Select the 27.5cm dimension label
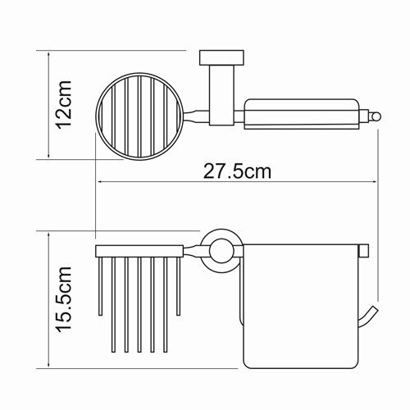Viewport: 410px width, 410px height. pyautogui.click(x=237, y=171)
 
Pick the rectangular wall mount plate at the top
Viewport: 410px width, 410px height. pyautogui.click(x=221, y=57)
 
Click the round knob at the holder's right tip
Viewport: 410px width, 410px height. pyautogui.click(x=375, y=116)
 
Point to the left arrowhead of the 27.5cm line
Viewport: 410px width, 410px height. pyautogui.click(x=100, y=181)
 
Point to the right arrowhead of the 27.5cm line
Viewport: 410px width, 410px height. pyautogui.click(x=373, y=181)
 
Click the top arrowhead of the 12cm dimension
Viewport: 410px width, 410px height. pyautogui.click(x=48, y=56)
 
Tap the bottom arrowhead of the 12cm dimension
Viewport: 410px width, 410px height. pyautogui.click(x=48, y=154)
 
